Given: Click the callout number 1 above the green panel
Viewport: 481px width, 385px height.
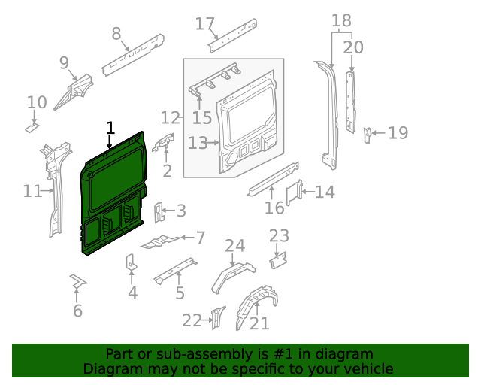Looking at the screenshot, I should point(110,127).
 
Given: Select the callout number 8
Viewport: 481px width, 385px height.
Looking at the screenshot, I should point(116,33).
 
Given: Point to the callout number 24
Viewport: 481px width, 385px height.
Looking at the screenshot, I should point(234,246).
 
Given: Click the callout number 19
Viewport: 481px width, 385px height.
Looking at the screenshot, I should point(398,133).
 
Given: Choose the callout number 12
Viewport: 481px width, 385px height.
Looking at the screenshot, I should point(171,117).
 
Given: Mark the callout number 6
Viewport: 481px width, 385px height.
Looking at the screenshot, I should point(77,311).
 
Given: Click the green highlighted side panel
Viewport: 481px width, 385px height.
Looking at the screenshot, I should point(113,196).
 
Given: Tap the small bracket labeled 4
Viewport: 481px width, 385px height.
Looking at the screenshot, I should point(131,264).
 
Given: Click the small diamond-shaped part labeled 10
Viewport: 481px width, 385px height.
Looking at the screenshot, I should point(32,128).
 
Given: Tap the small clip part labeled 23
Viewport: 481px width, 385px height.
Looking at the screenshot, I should point(279,259).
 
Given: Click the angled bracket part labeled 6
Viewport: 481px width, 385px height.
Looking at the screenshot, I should point(77,282).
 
